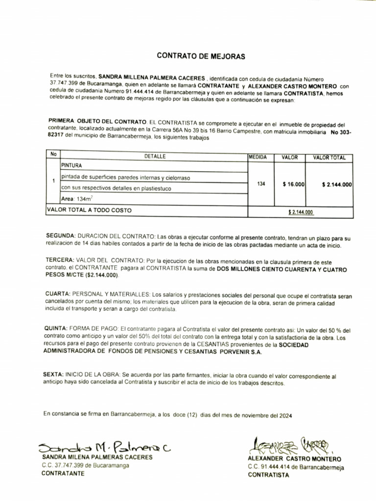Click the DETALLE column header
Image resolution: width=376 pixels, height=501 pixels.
155,157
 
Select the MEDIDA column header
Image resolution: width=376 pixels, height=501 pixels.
258,158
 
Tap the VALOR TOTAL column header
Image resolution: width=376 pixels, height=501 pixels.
329,158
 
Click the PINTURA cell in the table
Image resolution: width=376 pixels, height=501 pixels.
71,166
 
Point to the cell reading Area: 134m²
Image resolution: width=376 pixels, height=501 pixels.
76,199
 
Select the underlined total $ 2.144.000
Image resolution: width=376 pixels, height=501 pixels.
301,212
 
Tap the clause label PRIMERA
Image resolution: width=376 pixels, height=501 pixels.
61,120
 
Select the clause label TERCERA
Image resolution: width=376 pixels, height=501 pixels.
60,260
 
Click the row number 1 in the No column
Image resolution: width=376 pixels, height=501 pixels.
53,181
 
